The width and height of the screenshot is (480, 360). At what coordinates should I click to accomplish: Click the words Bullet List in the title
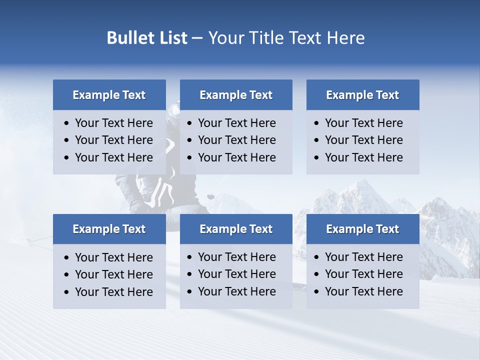147,38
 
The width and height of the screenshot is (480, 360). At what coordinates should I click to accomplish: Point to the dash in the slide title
197,38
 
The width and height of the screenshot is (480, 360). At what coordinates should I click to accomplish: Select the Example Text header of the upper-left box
109,95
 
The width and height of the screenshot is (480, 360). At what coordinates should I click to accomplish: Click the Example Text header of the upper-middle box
236,95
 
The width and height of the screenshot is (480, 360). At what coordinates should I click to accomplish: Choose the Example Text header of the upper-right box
362,95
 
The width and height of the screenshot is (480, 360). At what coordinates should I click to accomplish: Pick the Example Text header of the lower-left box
109,229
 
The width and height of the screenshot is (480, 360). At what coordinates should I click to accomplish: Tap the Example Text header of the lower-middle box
236,229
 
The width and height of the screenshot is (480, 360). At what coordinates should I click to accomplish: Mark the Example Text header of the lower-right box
362,229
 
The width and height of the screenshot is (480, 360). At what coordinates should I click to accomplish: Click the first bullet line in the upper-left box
113,123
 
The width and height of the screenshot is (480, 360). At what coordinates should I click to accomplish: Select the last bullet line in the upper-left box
113,157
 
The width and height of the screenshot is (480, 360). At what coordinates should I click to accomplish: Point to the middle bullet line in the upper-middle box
236,140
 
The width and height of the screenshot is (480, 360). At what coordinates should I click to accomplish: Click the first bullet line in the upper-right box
363,123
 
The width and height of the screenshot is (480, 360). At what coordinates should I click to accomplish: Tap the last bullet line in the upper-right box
363,157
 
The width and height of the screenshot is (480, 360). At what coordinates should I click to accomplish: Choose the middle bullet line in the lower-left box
113,274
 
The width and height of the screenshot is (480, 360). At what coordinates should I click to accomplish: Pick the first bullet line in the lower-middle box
236,257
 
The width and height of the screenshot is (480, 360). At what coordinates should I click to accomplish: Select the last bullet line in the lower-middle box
236,291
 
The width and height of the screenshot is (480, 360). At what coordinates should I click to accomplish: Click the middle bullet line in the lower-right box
363,274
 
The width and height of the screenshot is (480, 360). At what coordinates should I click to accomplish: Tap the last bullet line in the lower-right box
363,291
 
